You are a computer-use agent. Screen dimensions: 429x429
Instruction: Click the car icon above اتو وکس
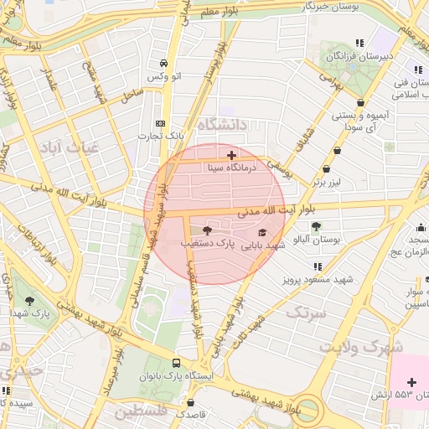[x=163, y=64]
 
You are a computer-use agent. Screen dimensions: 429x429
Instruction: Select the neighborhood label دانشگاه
[x=221, y=125]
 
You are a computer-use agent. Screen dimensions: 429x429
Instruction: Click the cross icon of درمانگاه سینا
[x=232, y=154]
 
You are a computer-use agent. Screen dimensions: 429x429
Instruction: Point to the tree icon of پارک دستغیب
[x=207, y=230]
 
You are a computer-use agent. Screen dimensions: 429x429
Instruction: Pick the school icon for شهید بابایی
[x=261, y=233]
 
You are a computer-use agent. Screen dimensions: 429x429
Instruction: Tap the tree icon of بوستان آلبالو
[x=316, y=226]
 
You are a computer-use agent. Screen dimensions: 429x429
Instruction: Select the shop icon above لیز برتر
[x=337, y=151]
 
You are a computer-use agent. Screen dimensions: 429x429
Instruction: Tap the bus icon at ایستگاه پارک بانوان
[x=176, y=364]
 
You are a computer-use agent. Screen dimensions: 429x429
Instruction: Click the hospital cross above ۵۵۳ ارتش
[x=411, y=382]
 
